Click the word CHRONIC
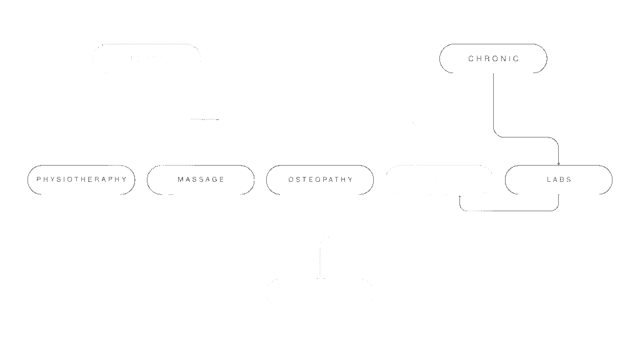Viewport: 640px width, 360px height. [x=493, y=59]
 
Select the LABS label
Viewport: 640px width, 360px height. [x=559, y=179]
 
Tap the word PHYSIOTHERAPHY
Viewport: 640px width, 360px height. [x=81, y=179]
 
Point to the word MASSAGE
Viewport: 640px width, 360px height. [x=201, y=179]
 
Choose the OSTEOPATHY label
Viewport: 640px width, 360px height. [x=320, y=179]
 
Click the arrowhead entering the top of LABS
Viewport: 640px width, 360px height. [x=559, y=162]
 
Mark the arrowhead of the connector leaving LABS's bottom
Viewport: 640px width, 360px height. [x=460, y=197]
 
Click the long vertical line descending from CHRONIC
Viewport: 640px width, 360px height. [x=494, y=103]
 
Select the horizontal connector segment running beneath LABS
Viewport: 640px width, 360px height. [x=509, y=211]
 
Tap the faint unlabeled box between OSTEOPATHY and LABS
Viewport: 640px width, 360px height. [x=439, y=179]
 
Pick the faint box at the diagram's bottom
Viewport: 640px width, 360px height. [x=320, y=294]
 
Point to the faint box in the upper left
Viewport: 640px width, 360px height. [x=147, y=59]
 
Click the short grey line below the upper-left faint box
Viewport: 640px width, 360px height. [x=204, y=119]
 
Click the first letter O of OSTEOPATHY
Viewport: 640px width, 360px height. [x=291, y=179]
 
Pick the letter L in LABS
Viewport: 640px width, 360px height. [x=548, y=179]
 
